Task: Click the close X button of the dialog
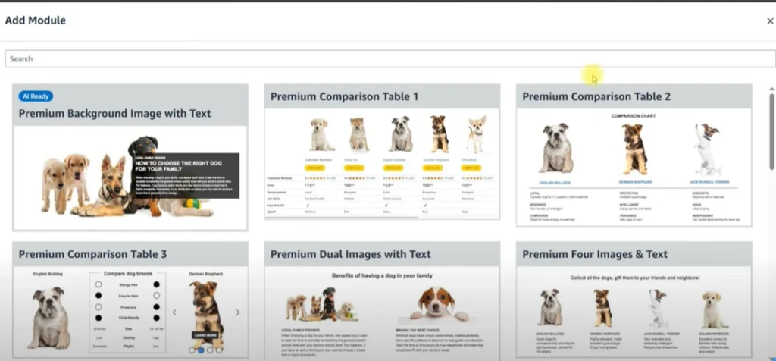tap(770, 21)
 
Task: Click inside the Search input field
tap(379, 58)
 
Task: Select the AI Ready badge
tap(36, 96)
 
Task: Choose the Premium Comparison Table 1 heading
tap(344, 96)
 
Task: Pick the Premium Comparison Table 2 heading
tap(596, 96)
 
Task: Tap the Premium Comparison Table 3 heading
tap(92, 254)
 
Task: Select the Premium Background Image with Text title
tap(115, 114)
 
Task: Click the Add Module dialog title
tap(36, 20)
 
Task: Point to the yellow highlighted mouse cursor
tap(593, 76)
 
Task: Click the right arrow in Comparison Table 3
tap(237, 312)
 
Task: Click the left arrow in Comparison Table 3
tap(174, 312)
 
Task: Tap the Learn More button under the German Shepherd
tap(205, 334)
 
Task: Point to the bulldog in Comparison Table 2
tap(557, 149)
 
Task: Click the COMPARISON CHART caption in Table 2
tap(634, 116)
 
